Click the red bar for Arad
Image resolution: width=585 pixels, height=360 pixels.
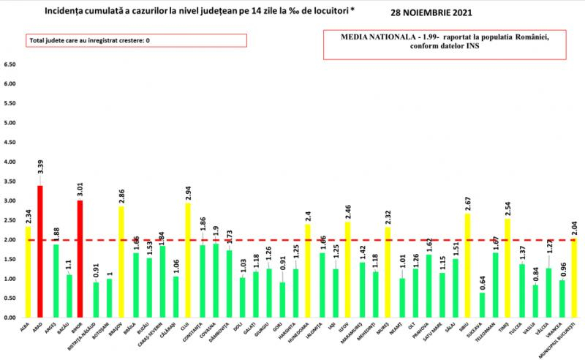pos(39,252)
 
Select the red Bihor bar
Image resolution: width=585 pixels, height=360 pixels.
pos(81,259)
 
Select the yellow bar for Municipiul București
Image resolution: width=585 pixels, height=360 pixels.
pos(575,278)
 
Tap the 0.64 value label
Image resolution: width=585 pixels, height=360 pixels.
pos(483,281)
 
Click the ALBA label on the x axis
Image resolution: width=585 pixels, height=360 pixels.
pos(27,330)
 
